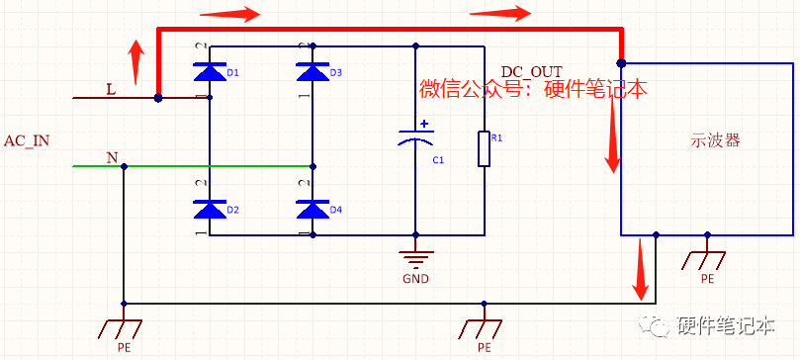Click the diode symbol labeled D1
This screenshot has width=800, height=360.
[209, 71]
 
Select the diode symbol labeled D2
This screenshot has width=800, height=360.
[209, 209]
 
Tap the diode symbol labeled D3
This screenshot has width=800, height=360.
[312, 71]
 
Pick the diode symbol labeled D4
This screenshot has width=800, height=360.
[312, 209]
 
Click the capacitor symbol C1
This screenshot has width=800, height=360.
[415, 139]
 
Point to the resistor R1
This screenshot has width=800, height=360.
[484, 148]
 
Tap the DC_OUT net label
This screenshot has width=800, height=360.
[531, 72]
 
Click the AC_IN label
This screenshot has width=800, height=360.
[27, 140]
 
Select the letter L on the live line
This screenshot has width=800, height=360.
[111, 89]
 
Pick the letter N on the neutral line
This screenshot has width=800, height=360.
[112, 157]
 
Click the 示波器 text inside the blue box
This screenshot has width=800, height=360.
[715, 140]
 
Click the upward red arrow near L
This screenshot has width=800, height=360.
[136, 61]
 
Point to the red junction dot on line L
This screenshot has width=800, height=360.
[158, 98]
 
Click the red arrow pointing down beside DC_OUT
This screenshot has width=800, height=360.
[612, 134]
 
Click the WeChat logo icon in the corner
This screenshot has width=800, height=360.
[657, 325]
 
